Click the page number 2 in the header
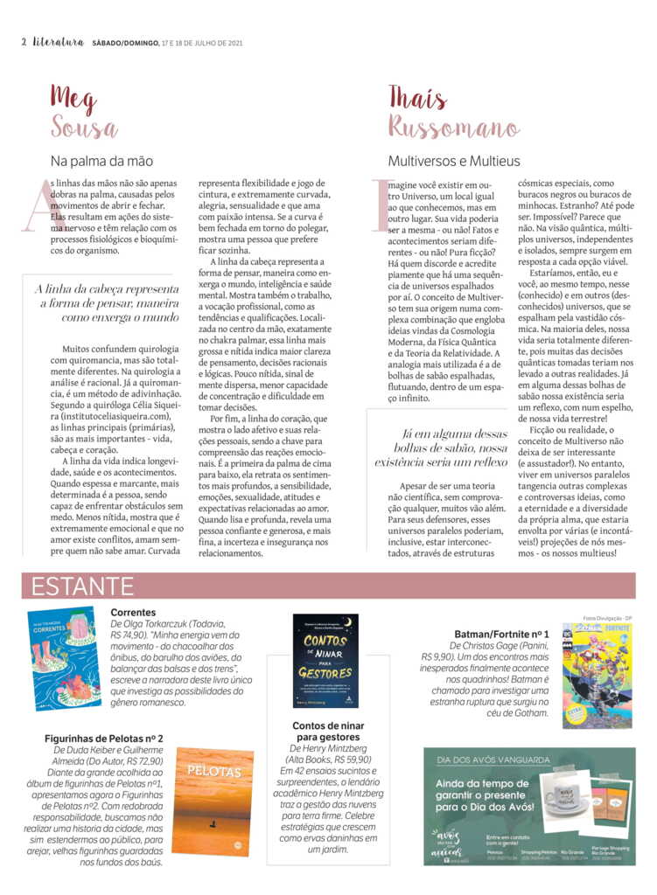(x=24, y=42)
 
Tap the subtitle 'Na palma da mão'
(x=101, y=161)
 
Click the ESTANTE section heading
(x=83, y=586)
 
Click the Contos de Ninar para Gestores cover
(x=325, y=661)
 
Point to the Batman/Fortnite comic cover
(x=597, y=676)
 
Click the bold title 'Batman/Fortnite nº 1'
(x=502, y=634)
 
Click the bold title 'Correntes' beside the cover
(x=134, y=613)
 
